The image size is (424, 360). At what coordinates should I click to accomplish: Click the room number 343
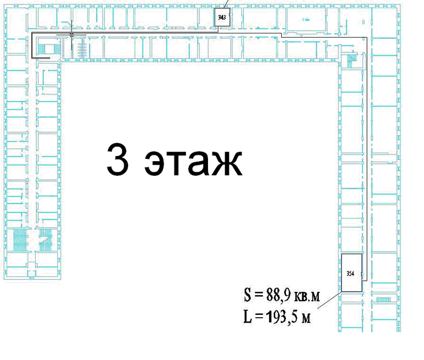click(x=222, y=17)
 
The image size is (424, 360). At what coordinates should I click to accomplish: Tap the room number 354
click(x=350, y=273)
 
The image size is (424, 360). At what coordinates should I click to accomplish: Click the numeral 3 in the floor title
click(x=117, y=159)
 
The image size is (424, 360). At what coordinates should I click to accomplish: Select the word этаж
click(x=193, y=163)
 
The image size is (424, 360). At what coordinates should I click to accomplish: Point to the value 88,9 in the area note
click(x=278, y=295)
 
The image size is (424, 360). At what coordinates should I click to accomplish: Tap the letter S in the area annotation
click(x=248, y=295)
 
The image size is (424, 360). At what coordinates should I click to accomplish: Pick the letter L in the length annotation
click(x=248, y=317)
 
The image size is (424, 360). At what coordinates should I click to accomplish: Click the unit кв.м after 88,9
click(x=307, y=296)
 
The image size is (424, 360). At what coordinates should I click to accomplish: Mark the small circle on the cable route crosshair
click(x=72, y=35)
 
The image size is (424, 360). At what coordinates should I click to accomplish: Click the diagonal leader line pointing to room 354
click(x=329, y=300)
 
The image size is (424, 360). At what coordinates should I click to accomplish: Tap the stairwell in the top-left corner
click(x=49, y=49)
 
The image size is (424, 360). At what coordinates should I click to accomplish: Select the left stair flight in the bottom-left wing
click(x=20, y=240)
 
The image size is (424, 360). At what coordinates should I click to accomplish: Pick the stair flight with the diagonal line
click(x=46, y=240)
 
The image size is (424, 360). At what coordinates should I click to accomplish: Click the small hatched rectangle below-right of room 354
click(x=384, y=299)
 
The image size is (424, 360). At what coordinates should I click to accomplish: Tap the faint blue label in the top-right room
click(x=306, y=20)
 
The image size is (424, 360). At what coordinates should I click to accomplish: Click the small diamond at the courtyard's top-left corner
click(x=61, y=62)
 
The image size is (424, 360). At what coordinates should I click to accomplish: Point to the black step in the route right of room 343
click(x=281, y=35)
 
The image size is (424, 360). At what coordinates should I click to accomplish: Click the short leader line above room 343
click(x=226, y=4)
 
